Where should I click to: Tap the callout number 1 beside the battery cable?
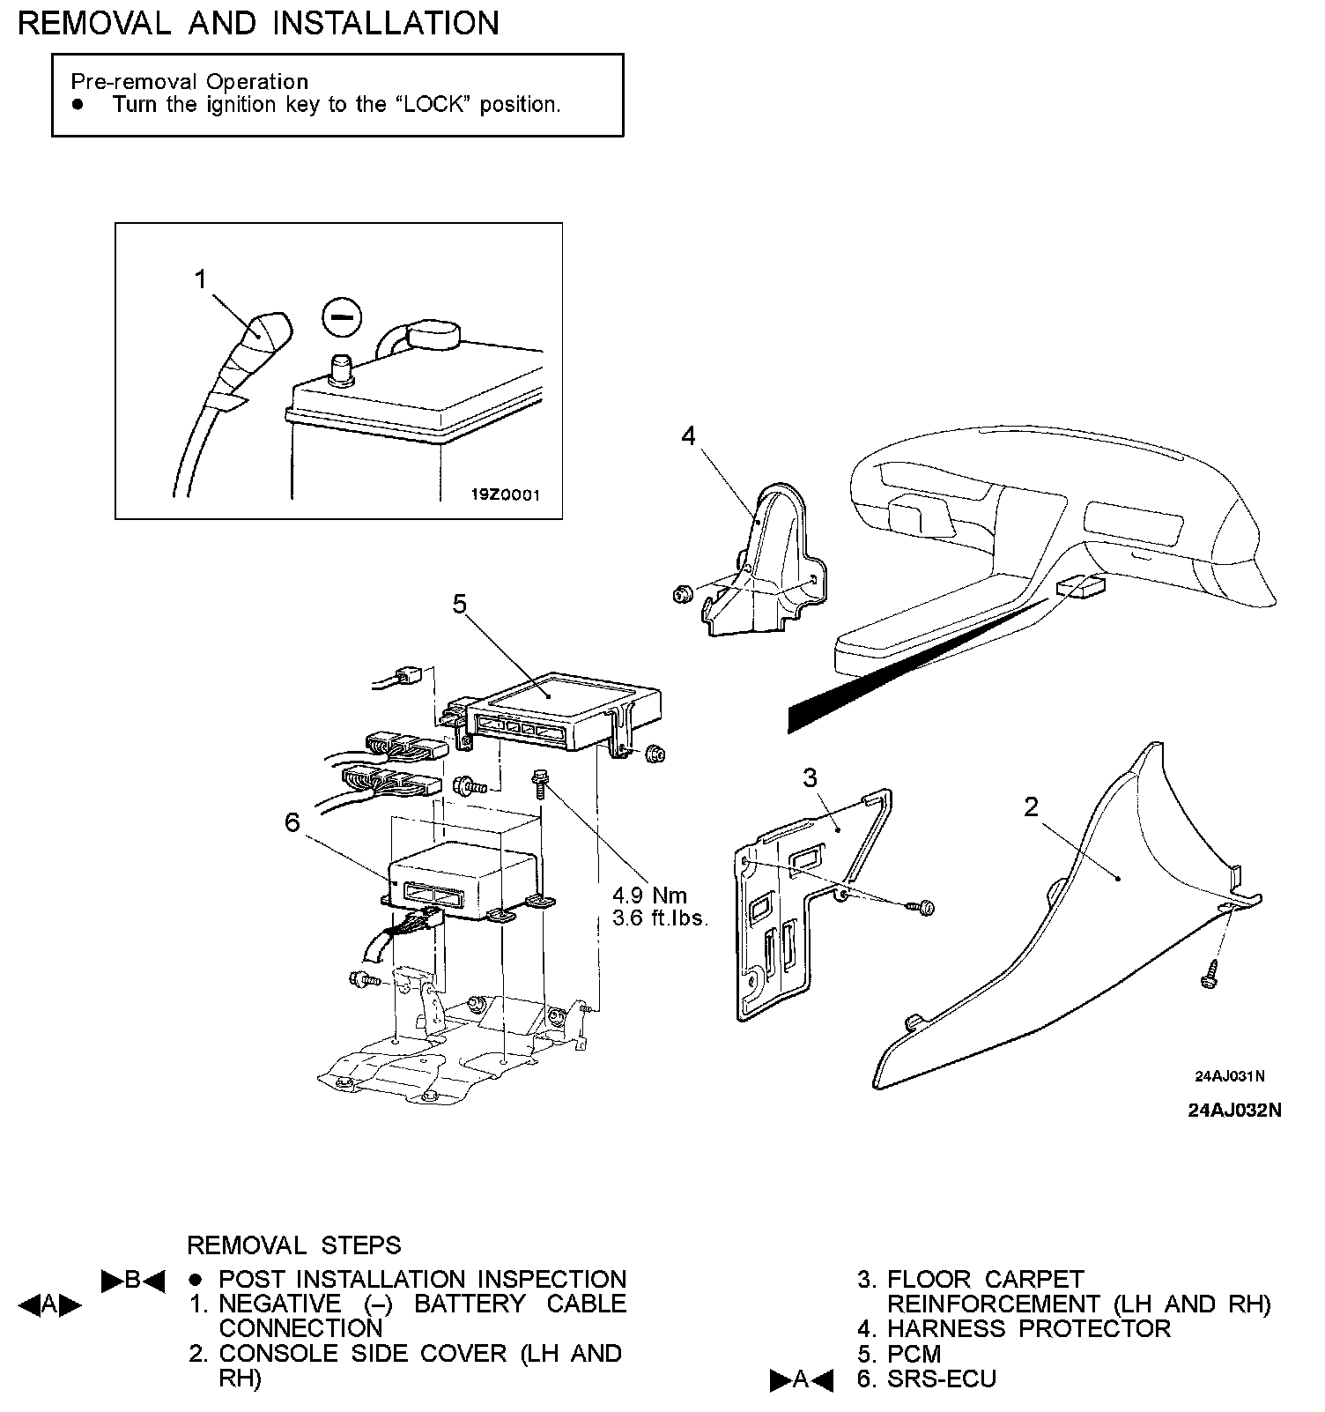point(201,279)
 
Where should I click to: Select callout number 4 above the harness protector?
point(688,435)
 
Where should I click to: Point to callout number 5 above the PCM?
point(459,604)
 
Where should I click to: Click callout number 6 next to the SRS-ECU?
point(292,822)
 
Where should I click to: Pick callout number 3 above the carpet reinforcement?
point(810,777)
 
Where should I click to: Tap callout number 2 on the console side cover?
point(1032,806)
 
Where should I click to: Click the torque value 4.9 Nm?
point(650,896)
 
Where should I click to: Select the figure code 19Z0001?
point(505,494)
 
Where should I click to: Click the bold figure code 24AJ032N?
point(1234,1111)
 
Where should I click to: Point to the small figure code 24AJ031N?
point(1230,1076)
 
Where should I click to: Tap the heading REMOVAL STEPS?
point(294,1245)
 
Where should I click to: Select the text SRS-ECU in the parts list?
point(942,1379)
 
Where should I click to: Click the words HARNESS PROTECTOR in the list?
point(1029,1328)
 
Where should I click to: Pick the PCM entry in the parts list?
point(914,1354)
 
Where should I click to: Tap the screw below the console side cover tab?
point(1210,977)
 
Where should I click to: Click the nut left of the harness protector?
point(681,595)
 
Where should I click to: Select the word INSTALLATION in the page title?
point(386,23)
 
